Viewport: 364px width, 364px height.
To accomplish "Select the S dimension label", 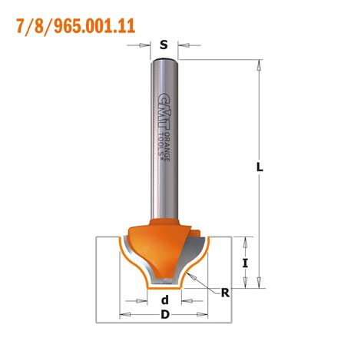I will [x=163, y=45].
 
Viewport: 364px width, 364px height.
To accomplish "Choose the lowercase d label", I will [x=163, y=300].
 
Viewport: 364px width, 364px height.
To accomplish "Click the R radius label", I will [x=225, y=292].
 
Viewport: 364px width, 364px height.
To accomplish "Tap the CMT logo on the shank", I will [x=162, y=108].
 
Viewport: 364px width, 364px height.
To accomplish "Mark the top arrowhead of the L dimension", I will [x=259, y=65].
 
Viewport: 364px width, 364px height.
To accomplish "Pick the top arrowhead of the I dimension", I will [x=246, y=241].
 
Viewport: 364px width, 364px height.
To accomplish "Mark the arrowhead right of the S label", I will [x=180, y=46].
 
